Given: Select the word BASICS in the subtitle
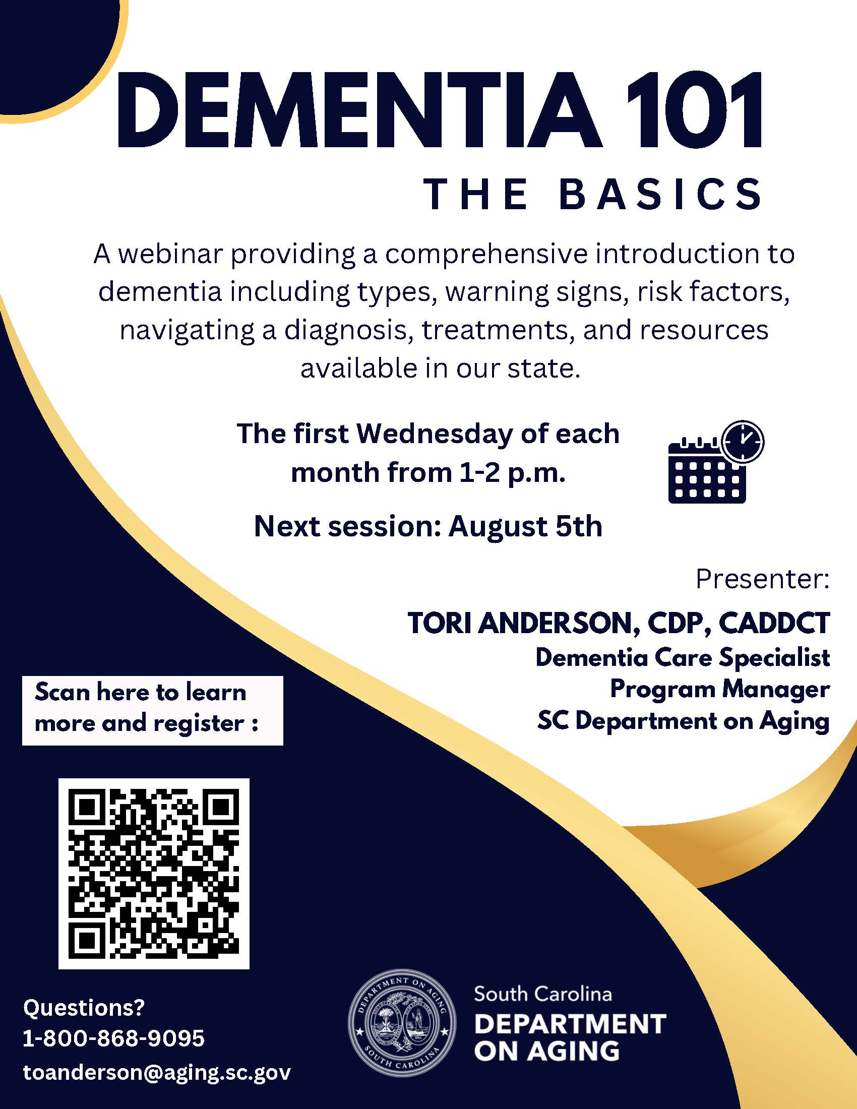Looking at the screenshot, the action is (x=660, y=195).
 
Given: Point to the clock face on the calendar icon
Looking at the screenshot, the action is (x=743, y=441).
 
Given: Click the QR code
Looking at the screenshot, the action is (x=154, y=873).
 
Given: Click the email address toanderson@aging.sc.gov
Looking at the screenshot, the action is (x=157, y=1072).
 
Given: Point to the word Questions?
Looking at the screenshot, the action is (x=84, y=1008).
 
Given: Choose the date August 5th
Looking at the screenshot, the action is (x=525, y=526).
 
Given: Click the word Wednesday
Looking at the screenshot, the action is (x=434, y=435).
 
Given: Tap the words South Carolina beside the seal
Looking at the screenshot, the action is (x=543, y=994).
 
